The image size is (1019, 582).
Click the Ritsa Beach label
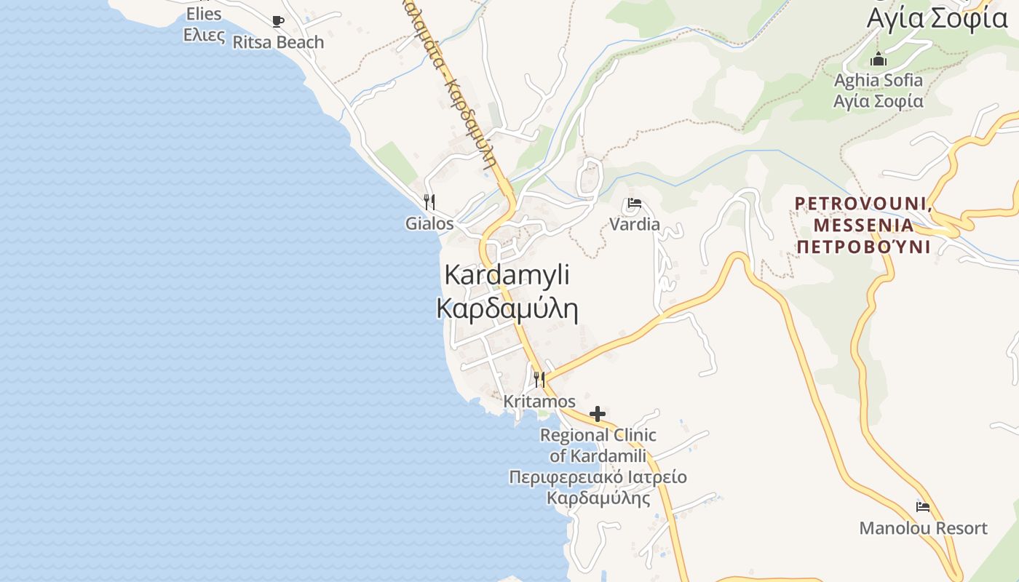point(278,42)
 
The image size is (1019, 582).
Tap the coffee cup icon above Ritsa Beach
point(277,21)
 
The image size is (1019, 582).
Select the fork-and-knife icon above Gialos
point(429,202)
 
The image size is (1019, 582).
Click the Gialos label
point(429,223)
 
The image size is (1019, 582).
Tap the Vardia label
point(635,224)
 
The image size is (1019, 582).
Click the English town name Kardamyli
point(507,275)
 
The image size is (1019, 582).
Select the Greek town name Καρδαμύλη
point(507,308)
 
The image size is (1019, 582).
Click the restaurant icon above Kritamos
point(539,379)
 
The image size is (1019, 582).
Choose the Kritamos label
point(539,402)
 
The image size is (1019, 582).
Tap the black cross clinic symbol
point(598,414)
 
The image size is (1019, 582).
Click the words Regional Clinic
point(598,435)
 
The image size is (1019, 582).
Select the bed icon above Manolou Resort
point(923,507)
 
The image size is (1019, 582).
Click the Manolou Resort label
point(923,528)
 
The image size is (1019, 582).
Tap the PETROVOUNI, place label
point(863,204)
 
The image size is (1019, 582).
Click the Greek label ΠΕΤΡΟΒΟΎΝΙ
point(863,247)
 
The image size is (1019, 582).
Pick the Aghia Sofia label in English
point(879,80)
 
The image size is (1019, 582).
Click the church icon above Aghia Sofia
point(879,60)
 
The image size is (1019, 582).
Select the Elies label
point(204,14)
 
